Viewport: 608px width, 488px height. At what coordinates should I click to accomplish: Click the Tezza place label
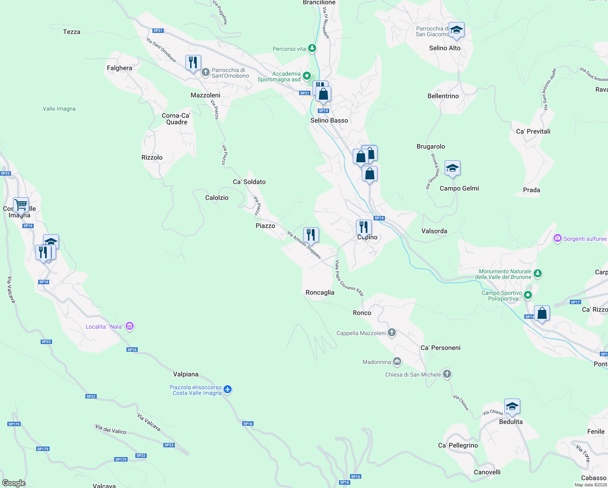click(72, 32)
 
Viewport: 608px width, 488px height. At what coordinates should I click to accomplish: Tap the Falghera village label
click(119, 68)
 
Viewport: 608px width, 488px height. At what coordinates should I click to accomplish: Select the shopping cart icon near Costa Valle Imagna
click(21, 204)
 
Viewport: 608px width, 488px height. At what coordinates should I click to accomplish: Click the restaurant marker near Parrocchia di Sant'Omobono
click(193, 63)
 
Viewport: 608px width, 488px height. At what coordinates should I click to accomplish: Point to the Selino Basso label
click(329, 120)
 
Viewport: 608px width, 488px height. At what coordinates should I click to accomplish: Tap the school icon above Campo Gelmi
click(452, 168)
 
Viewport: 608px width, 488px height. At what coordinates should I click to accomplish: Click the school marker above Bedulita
click(512, 406)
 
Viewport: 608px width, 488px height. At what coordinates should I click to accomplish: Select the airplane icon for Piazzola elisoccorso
click(228, 390)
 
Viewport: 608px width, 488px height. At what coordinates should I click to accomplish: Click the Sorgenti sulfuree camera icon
click(558, 238)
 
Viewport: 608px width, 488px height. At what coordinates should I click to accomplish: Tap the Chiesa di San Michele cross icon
click(447, 374)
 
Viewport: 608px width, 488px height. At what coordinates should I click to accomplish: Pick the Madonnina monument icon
click(397, 361)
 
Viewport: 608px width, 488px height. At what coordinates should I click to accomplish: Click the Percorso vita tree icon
click(312, 48)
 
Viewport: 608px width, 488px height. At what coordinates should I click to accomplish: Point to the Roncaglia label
click(320, 292)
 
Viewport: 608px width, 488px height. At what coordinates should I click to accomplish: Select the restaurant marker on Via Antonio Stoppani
click(311, 235)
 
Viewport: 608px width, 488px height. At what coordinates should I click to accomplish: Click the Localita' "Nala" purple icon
click(130, 326)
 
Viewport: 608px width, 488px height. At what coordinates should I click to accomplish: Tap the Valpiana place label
click(186, 374)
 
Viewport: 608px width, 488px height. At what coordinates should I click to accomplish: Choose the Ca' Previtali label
click(533, 131)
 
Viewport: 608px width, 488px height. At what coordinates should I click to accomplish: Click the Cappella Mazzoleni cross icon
click(391, 333)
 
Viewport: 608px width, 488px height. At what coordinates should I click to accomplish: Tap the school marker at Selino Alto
click(456, 30)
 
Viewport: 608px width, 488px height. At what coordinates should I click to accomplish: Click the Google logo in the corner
click(14, 483)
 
